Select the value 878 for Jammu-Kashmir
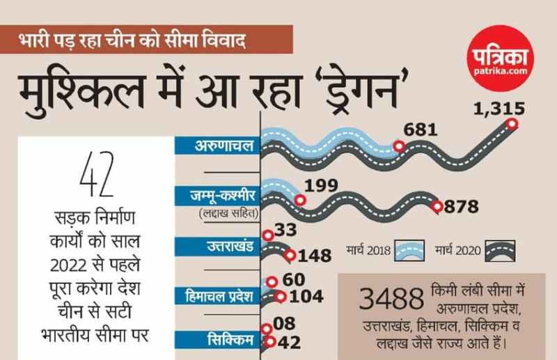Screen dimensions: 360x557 pyautogui.click(x=462, y=207)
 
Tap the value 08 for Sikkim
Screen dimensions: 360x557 pyautogui.click(x=285, y=324)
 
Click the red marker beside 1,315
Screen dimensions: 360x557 pyautogui.click(x=512, y=124)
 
